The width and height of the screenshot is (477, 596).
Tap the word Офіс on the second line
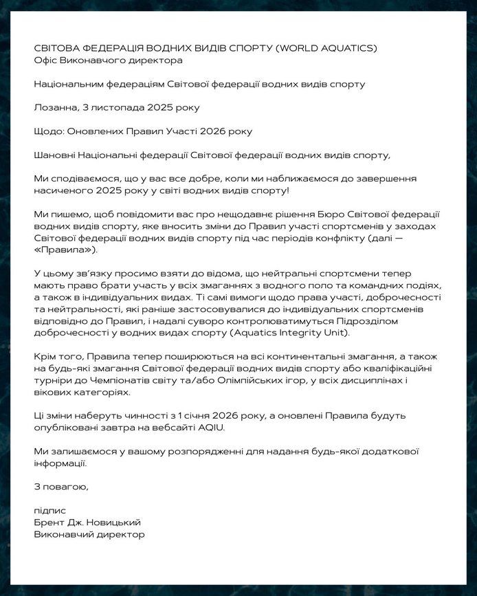coord(45,60)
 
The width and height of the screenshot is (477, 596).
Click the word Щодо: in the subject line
coord(48,131)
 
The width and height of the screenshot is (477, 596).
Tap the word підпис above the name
coord(49,511)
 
